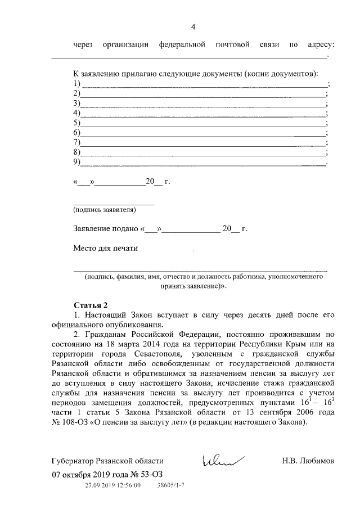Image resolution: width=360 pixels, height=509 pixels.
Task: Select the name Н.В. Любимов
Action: pyautogui.click(x=308, y=461)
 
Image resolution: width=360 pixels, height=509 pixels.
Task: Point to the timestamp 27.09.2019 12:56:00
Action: pyautogui.click(x=112, y=484)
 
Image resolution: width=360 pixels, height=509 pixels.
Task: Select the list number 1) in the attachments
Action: pyautogui.click(x=77, y=84)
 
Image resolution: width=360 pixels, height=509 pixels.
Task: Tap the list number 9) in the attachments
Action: pyautogui.click(x=77, y=163)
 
